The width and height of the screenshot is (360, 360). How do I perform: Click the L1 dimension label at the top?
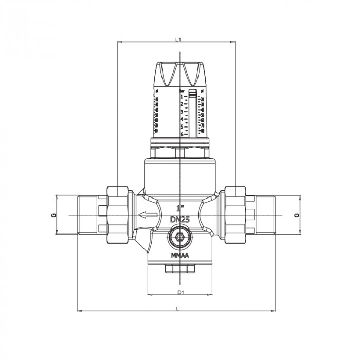(x=177, y=39)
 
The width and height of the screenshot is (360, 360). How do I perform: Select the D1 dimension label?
(x=180, y=292)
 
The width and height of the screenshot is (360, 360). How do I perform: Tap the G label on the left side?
(x=53, y=214)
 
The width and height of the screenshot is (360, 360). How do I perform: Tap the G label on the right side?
(x=297, y=214)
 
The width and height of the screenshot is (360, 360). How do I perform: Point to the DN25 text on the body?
(x=180, y=219)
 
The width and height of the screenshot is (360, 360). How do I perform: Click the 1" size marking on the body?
(x=179, y=209)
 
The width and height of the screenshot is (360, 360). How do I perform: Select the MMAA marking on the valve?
(x=179, y=255)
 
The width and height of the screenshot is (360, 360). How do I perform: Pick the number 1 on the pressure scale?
(x=182, y=96)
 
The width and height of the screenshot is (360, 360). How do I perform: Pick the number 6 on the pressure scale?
(x=182, y=134)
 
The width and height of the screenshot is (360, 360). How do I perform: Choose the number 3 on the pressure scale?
(x=182, y=112)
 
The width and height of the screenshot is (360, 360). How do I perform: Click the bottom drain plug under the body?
(x=179, y=268)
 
